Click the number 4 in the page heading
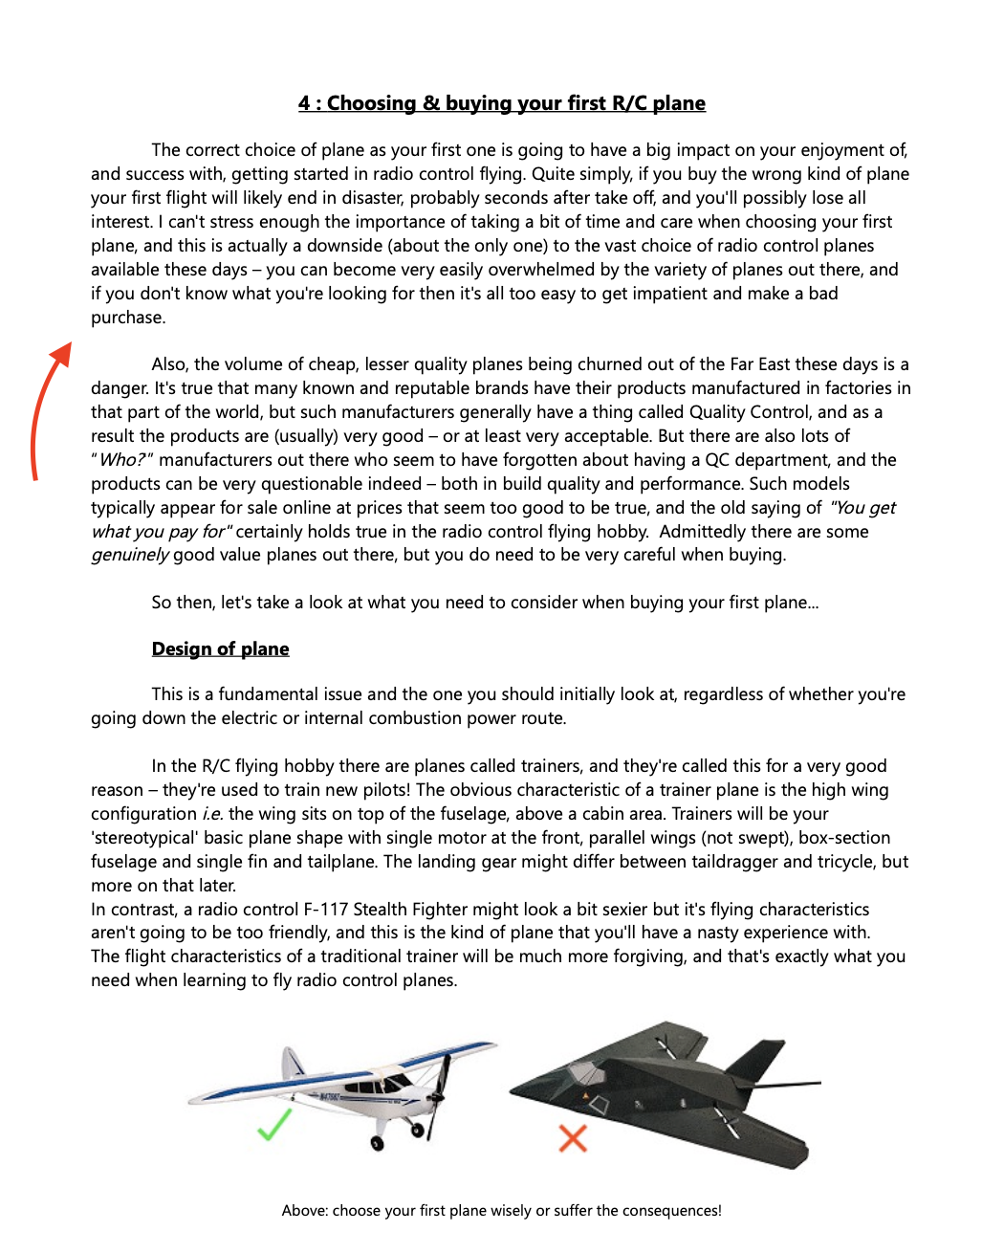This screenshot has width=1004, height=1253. click(304, 103)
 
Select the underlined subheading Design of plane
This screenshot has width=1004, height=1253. click(220, 649)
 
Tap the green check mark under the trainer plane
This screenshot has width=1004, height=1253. click(274, 1125)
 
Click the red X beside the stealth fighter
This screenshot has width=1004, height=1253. click(573, 1138)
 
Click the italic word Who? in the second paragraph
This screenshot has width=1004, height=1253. click(121, 460)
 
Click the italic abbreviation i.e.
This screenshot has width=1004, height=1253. click(212, 814)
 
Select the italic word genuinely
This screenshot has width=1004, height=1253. click(130, 556)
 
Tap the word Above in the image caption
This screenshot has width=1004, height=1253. click(304, 1211)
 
